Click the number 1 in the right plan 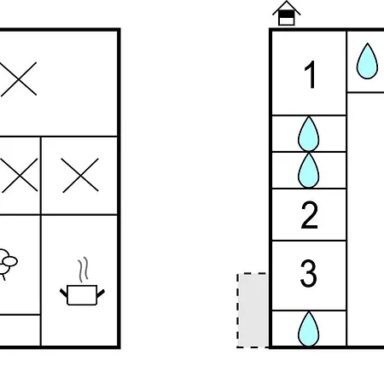(311, 75)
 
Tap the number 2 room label (309, 215)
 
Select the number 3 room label (309, 273)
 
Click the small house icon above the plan (287, 13)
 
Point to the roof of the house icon (287, 8)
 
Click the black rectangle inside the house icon (287, 14)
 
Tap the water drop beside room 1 (367, 61)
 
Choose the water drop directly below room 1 (309, 134)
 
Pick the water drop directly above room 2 (309, 170)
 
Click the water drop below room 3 (309, 329)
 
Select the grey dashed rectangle (252, 311)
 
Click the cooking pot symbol (82, 295)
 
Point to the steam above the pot (83, 270)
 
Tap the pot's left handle (64, 293)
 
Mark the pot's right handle (101, 294)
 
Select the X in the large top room (18, 79)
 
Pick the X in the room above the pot (80, 175)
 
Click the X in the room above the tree (19, 175)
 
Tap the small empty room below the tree (20, 330)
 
